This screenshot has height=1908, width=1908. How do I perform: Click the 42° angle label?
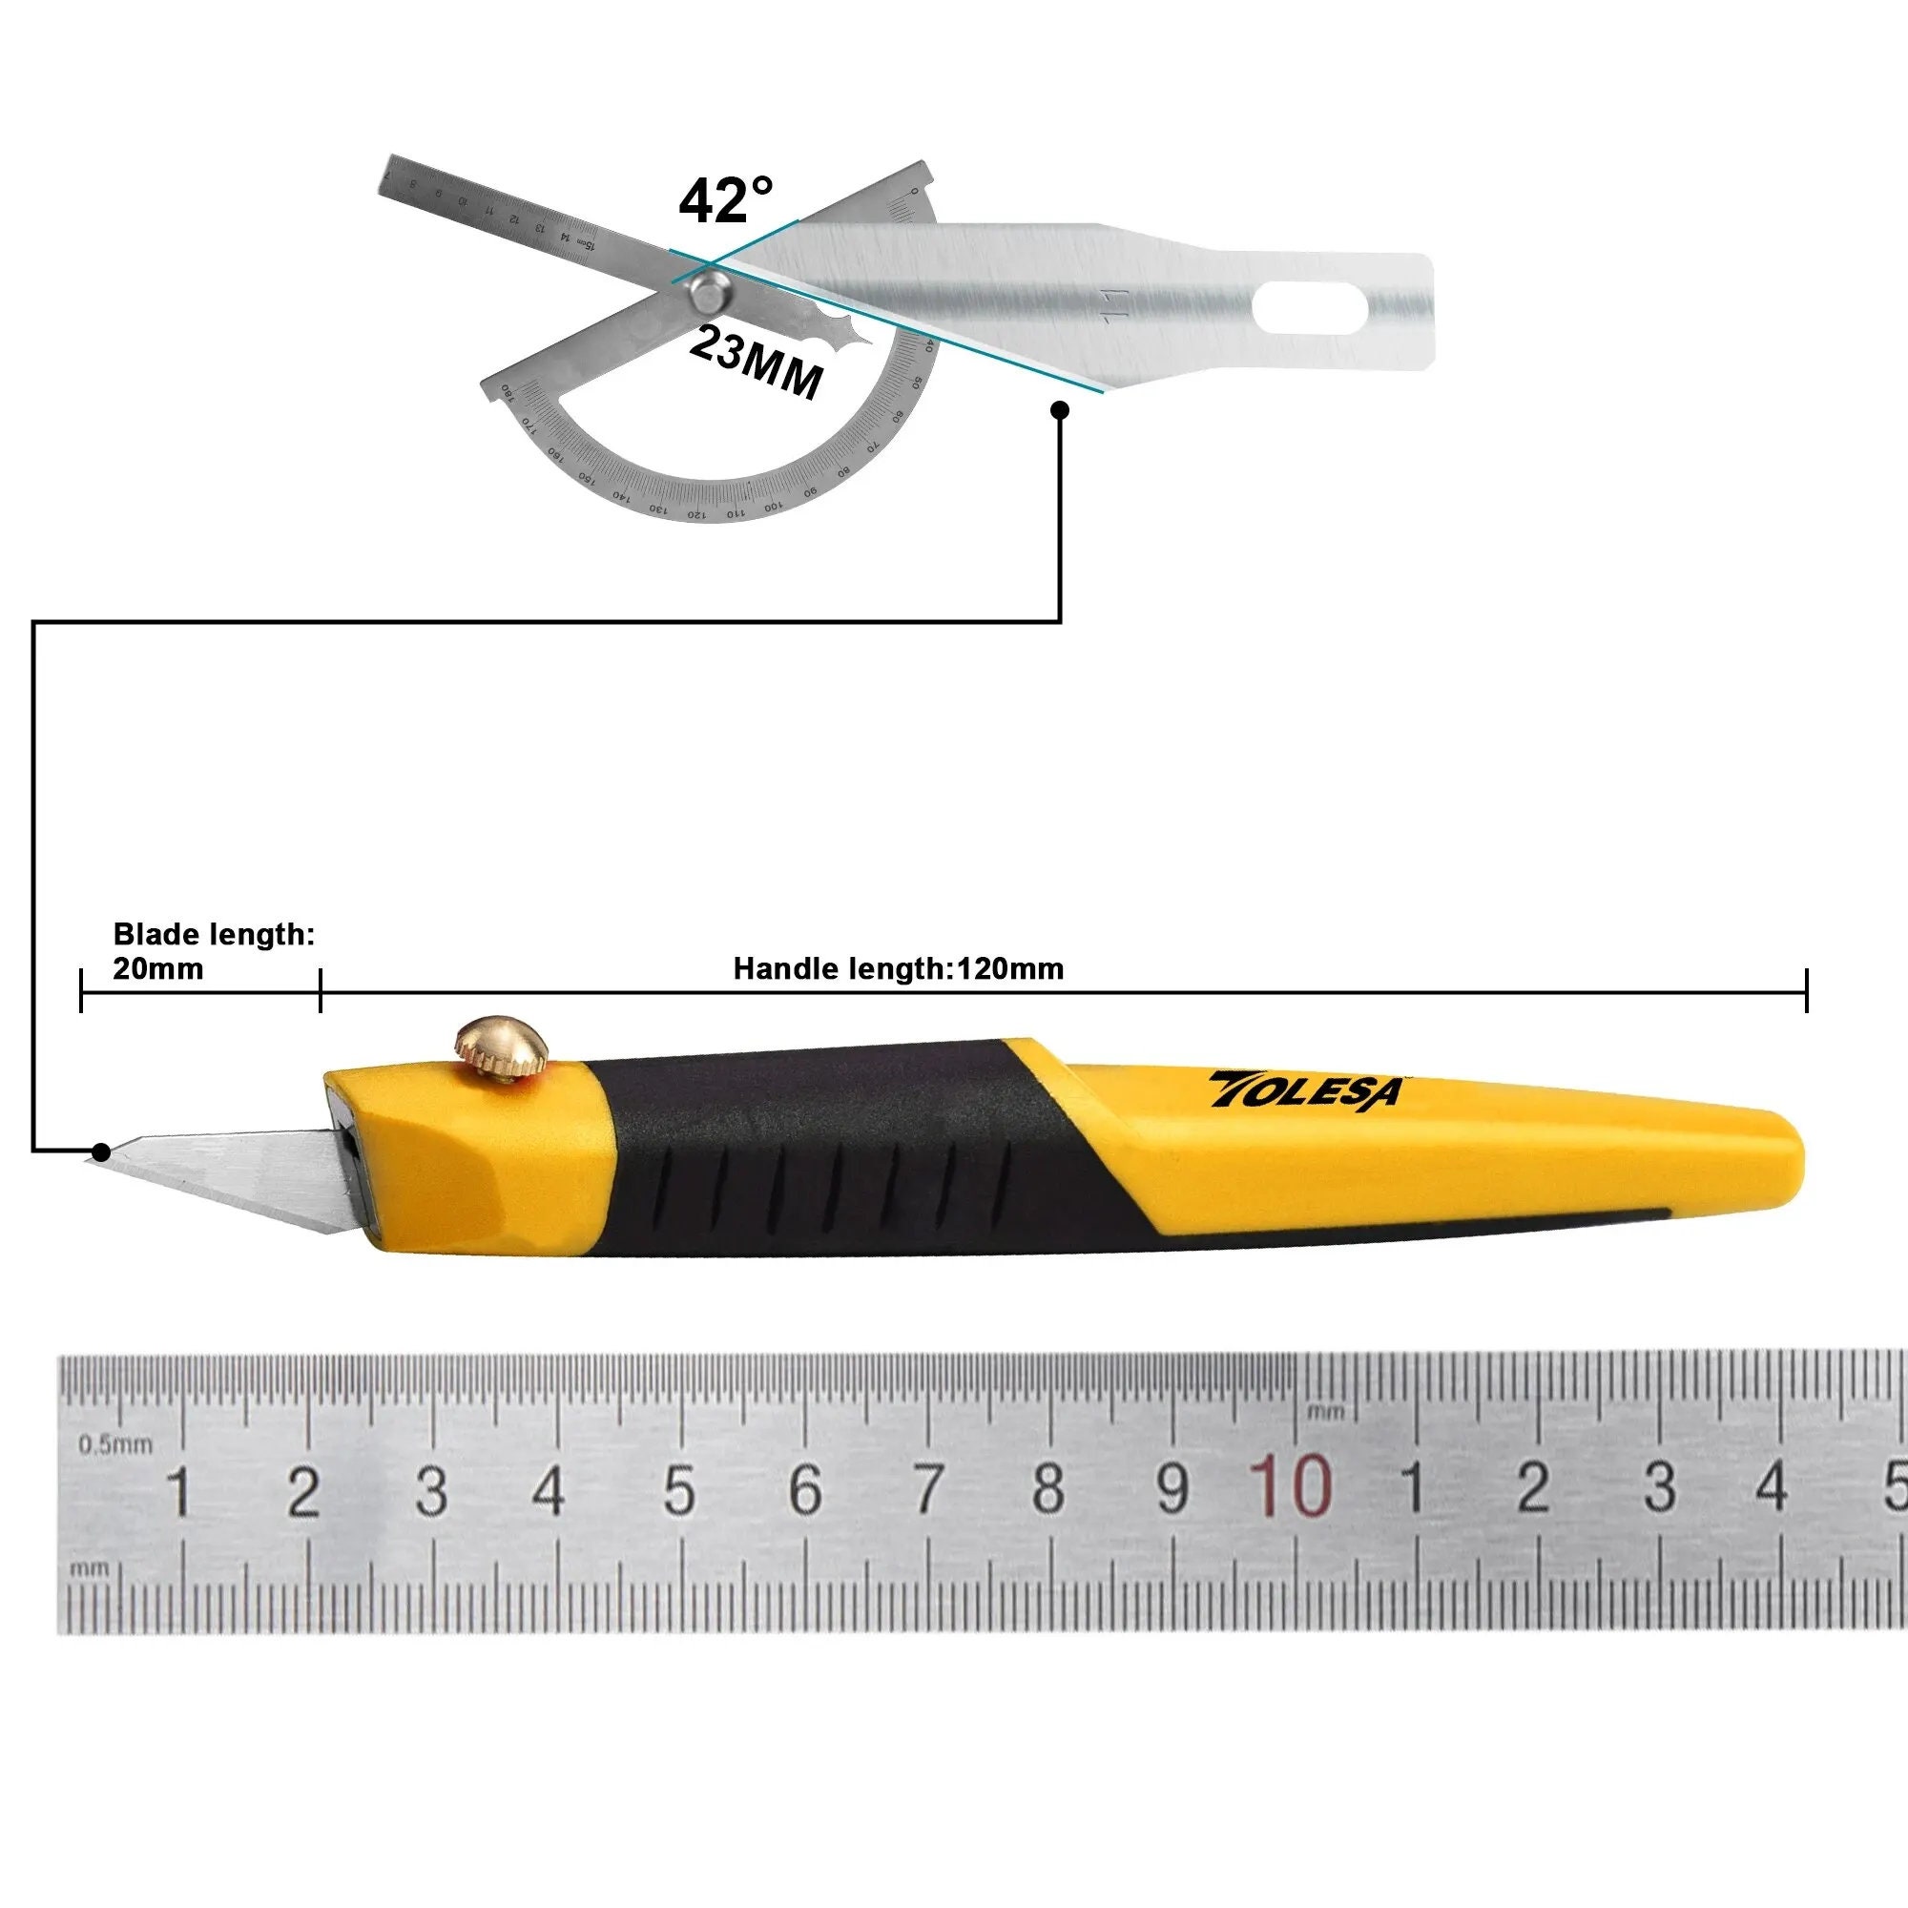click(x=726, y=200)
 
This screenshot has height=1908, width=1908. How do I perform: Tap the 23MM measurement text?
click(x=756, y=363)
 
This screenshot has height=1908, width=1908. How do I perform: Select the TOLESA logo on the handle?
click(x=1306, y=1089)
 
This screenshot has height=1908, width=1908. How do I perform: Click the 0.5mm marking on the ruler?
click(x=115, y=1444)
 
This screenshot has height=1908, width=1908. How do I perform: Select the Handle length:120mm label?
click(x=898, y=969)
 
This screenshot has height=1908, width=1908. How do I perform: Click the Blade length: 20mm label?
click(x=213, y=950)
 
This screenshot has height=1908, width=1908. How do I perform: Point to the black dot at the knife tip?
click(x=101, y=1151)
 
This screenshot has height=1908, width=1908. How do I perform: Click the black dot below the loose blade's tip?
click(x=1061, y=410)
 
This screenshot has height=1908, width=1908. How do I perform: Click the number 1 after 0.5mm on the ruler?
click(x=178, y=1491)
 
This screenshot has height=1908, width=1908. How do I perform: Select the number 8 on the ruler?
click(x=1047, y=1487)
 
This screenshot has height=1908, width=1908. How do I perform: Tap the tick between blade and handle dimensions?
click(x=321, y=989)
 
